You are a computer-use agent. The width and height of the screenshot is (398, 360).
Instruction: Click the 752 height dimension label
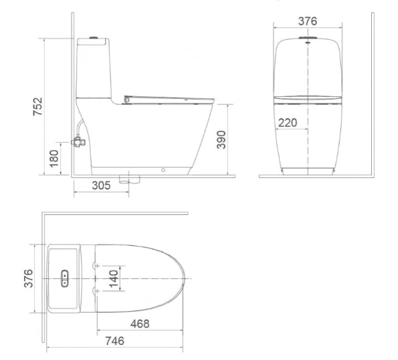[39, 107]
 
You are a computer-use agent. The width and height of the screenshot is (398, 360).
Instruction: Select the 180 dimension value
[56, 158]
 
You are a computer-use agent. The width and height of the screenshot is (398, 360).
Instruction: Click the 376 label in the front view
[307, 21]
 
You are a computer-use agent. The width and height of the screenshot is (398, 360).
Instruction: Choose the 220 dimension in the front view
[289, 123]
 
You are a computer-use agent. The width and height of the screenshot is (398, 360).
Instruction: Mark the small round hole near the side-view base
[163, 169]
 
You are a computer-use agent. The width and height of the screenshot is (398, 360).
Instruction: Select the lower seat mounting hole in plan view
[97, 293]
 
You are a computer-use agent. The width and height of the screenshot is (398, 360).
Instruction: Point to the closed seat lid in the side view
[165, 97]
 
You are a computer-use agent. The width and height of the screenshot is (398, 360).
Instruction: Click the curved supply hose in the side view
[82, 128]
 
